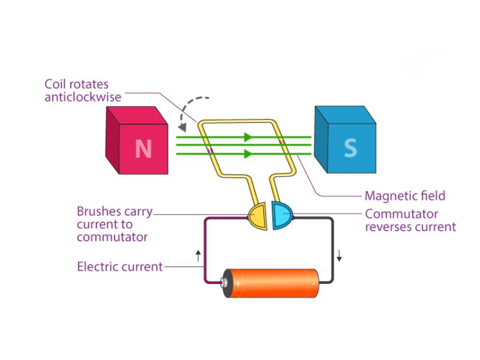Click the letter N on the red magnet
click(x=143, y=148)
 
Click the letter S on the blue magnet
click(x=350, y=148)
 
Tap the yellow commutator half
click(x=257, y=216)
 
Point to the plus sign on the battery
click(x=238, y=283)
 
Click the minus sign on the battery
click(x=313, y=283)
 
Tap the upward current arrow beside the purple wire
click(x=199, y=257)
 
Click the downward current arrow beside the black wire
click(x=339, y=257)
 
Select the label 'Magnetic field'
click(x=405, y=196)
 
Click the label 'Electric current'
click(x=120, y=266)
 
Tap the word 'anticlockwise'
click(x=83, y=97)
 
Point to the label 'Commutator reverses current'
click(x=410, y=220)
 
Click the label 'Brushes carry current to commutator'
click(x=115, y=224)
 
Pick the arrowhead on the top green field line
click(x=247, y=137)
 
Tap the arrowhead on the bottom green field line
click(x=247, y=154)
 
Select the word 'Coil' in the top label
click(x=55, y=85)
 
